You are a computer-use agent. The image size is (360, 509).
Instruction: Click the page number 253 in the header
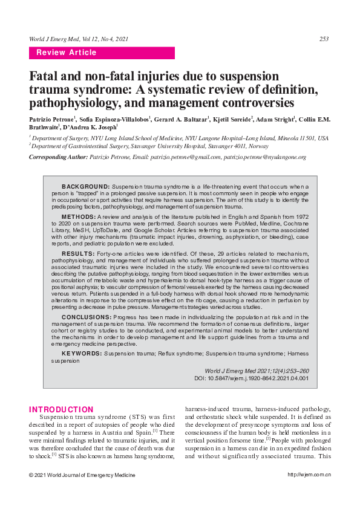(x=324, y=39)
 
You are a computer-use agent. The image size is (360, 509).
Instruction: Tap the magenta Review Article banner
(x=102, y=53)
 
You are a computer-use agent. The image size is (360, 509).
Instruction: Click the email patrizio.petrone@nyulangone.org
(x=264, y=157)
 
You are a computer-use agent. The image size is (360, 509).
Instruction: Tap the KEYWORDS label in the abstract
(x=82, y=352)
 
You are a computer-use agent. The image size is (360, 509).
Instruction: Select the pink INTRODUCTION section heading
(x=61, y=409)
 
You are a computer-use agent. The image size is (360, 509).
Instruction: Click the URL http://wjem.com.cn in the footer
(x=309, y=475)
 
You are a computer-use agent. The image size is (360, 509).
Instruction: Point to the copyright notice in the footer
(x=82, y=475)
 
